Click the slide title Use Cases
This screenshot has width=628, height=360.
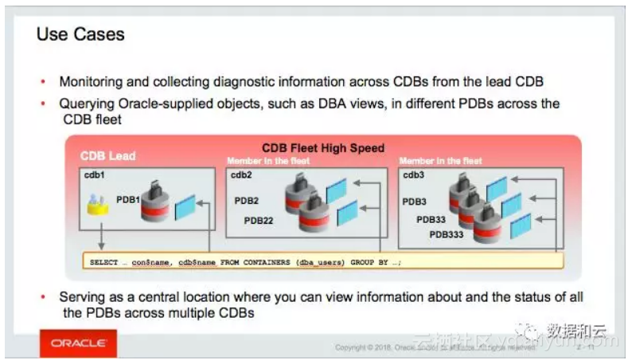tap(80, 34)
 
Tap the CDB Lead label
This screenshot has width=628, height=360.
tap(108, 156)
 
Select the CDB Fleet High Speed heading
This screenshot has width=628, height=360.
tap(323, 148)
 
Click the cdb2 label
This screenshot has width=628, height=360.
tap(242, 174)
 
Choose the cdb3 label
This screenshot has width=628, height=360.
tap(413, 174)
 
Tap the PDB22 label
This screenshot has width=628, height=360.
tap(259, 221)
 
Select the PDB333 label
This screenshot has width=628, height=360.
tap(447, 234)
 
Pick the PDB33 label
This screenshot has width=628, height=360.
tap(431, 219)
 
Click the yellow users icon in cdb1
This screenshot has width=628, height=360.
tap(98, 206)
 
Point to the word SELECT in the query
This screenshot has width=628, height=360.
tap(104, 260)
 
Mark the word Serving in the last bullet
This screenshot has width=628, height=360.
tap(81, 297)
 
